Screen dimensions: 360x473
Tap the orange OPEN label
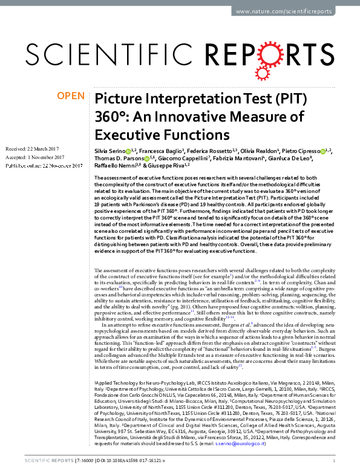(x=71, y=96)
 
